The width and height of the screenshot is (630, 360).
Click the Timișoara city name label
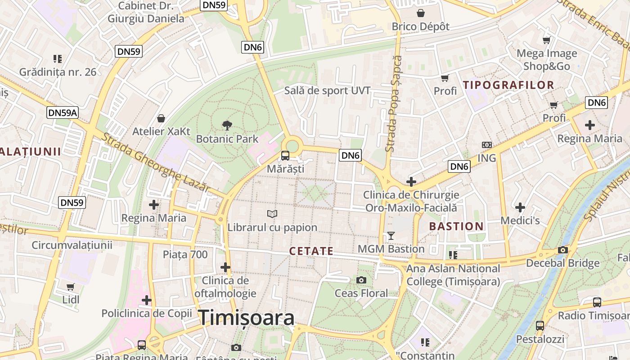point(247,318)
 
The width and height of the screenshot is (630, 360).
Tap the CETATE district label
point(311,251)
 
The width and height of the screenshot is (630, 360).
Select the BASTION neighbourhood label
point(456,226)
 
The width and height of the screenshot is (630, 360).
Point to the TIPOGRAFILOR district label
point(508,85)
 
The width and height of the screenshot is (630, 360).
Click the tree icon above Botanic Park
point(227,126)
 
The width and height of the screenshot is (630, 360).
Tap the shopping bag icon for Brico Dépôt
point(421,13)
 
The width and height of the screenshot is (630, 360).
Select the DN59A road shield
point(63,112)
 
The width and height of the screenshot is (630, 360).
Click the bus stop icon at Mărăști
point(285,156)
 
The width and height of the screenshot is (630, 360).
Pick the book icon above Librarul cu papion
point(272,214)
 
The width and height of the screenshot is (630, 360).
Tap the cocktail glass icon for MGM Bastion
point(391,235)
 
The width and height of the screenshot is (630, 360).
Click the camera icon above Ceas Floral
point(361,280)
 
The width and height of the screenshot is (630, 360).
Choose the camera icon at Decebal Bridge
point(562,250)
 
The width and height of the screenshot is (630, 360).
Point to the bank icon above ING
point(486,145)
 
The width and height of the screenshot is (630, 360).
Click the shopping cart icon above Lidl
point(71,287)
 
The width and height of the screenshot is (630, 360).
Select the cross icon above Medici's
point(520,207)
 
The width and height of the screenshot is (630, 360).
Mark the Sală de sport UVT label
point(327,90)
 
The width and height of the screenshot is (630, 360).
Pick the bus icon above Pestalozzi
point(540,325)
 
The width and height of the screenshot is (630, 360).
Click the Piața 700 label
point(185,255)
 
